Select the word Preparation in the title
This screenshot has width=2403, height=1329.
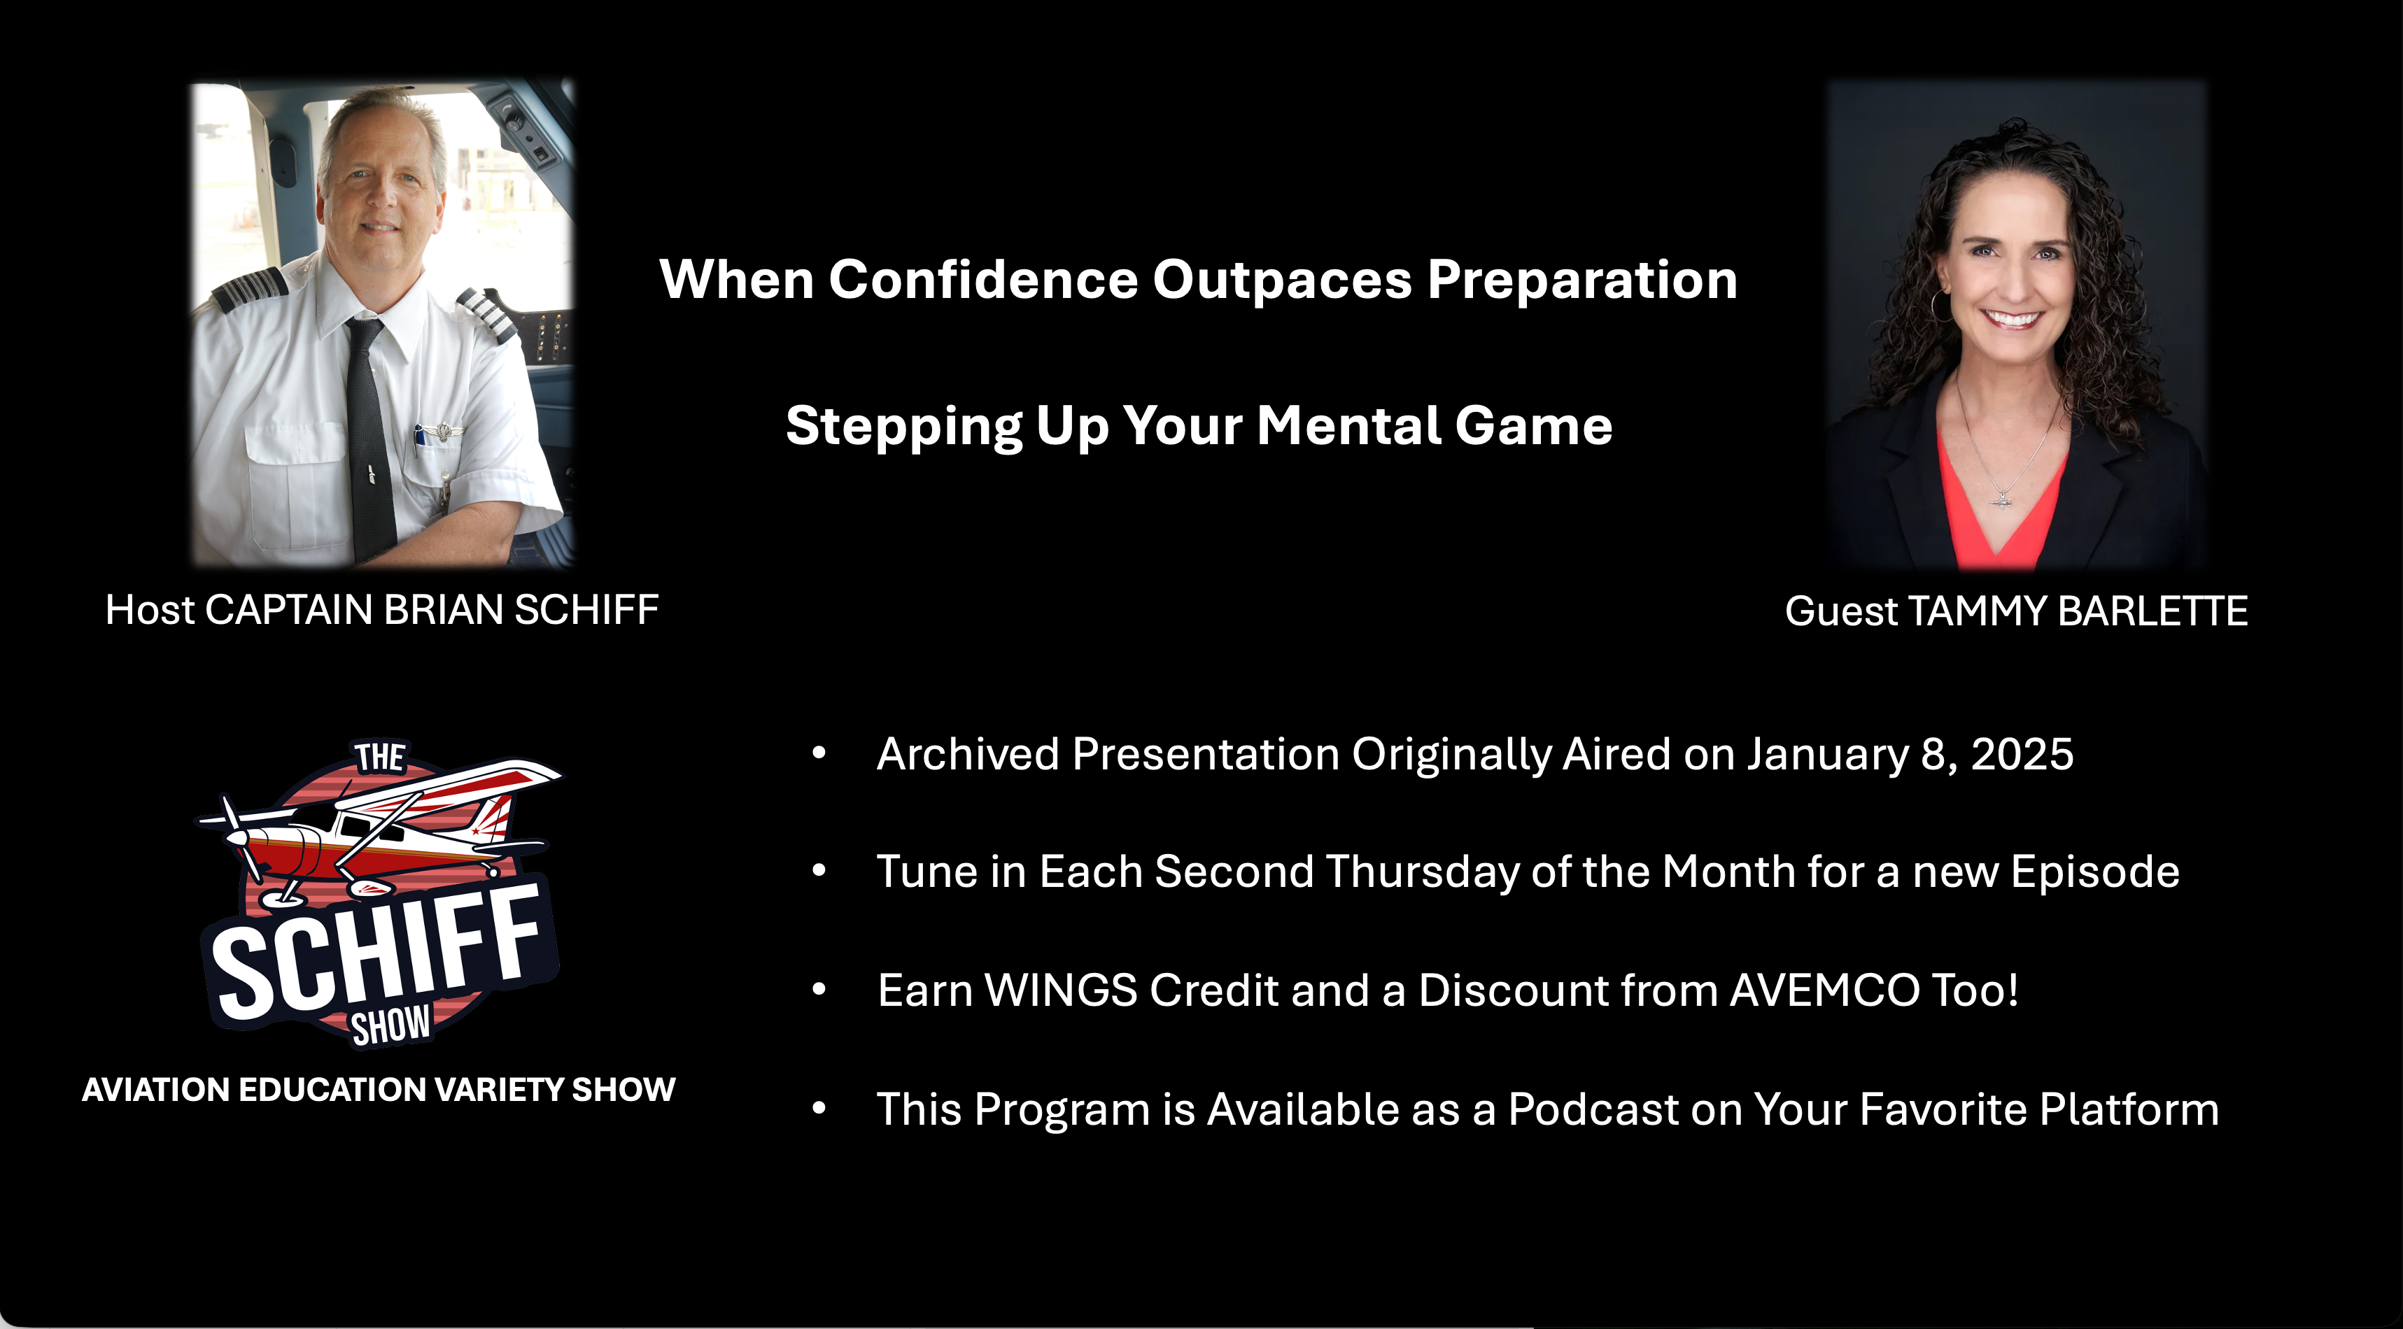[x=1582, y=280]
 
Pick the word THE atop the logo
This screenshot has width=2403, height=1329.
[x=380, y=758]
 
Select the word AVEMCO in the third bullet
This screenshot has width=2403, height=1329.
[x=1824, y=990]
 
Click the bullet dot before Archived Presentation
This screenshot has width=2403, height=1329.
[x=819, y=753]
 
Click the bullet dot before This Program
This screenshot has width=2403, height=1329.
[x=819, y=1108]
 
